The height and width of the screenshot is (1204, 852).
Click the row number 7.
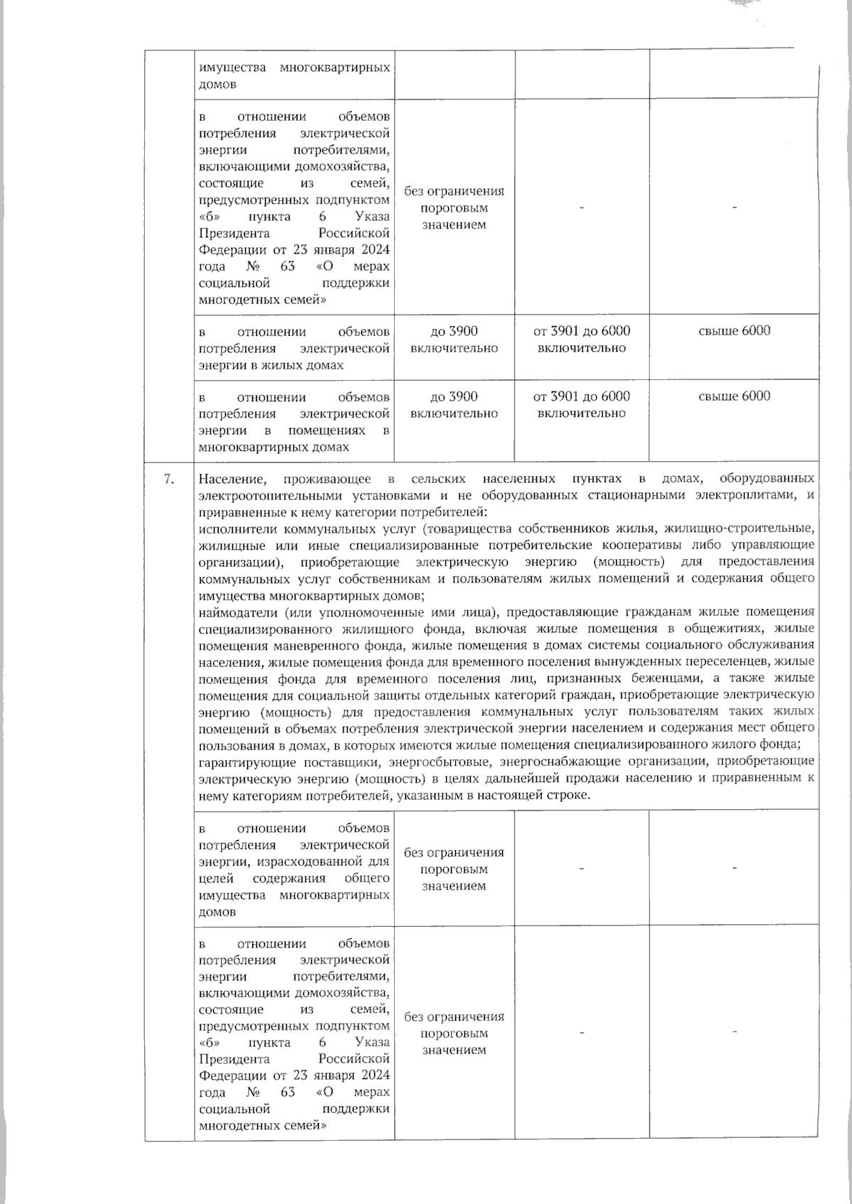(169, 479)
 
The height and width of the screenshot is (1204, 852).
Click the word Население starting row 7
(228, 479)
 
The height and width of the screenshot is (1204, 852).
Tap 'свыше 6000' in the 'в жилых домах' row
(734, 331)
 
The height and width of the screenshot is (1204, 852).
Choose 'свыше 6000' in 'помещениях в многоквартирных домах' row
(734, 396)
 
